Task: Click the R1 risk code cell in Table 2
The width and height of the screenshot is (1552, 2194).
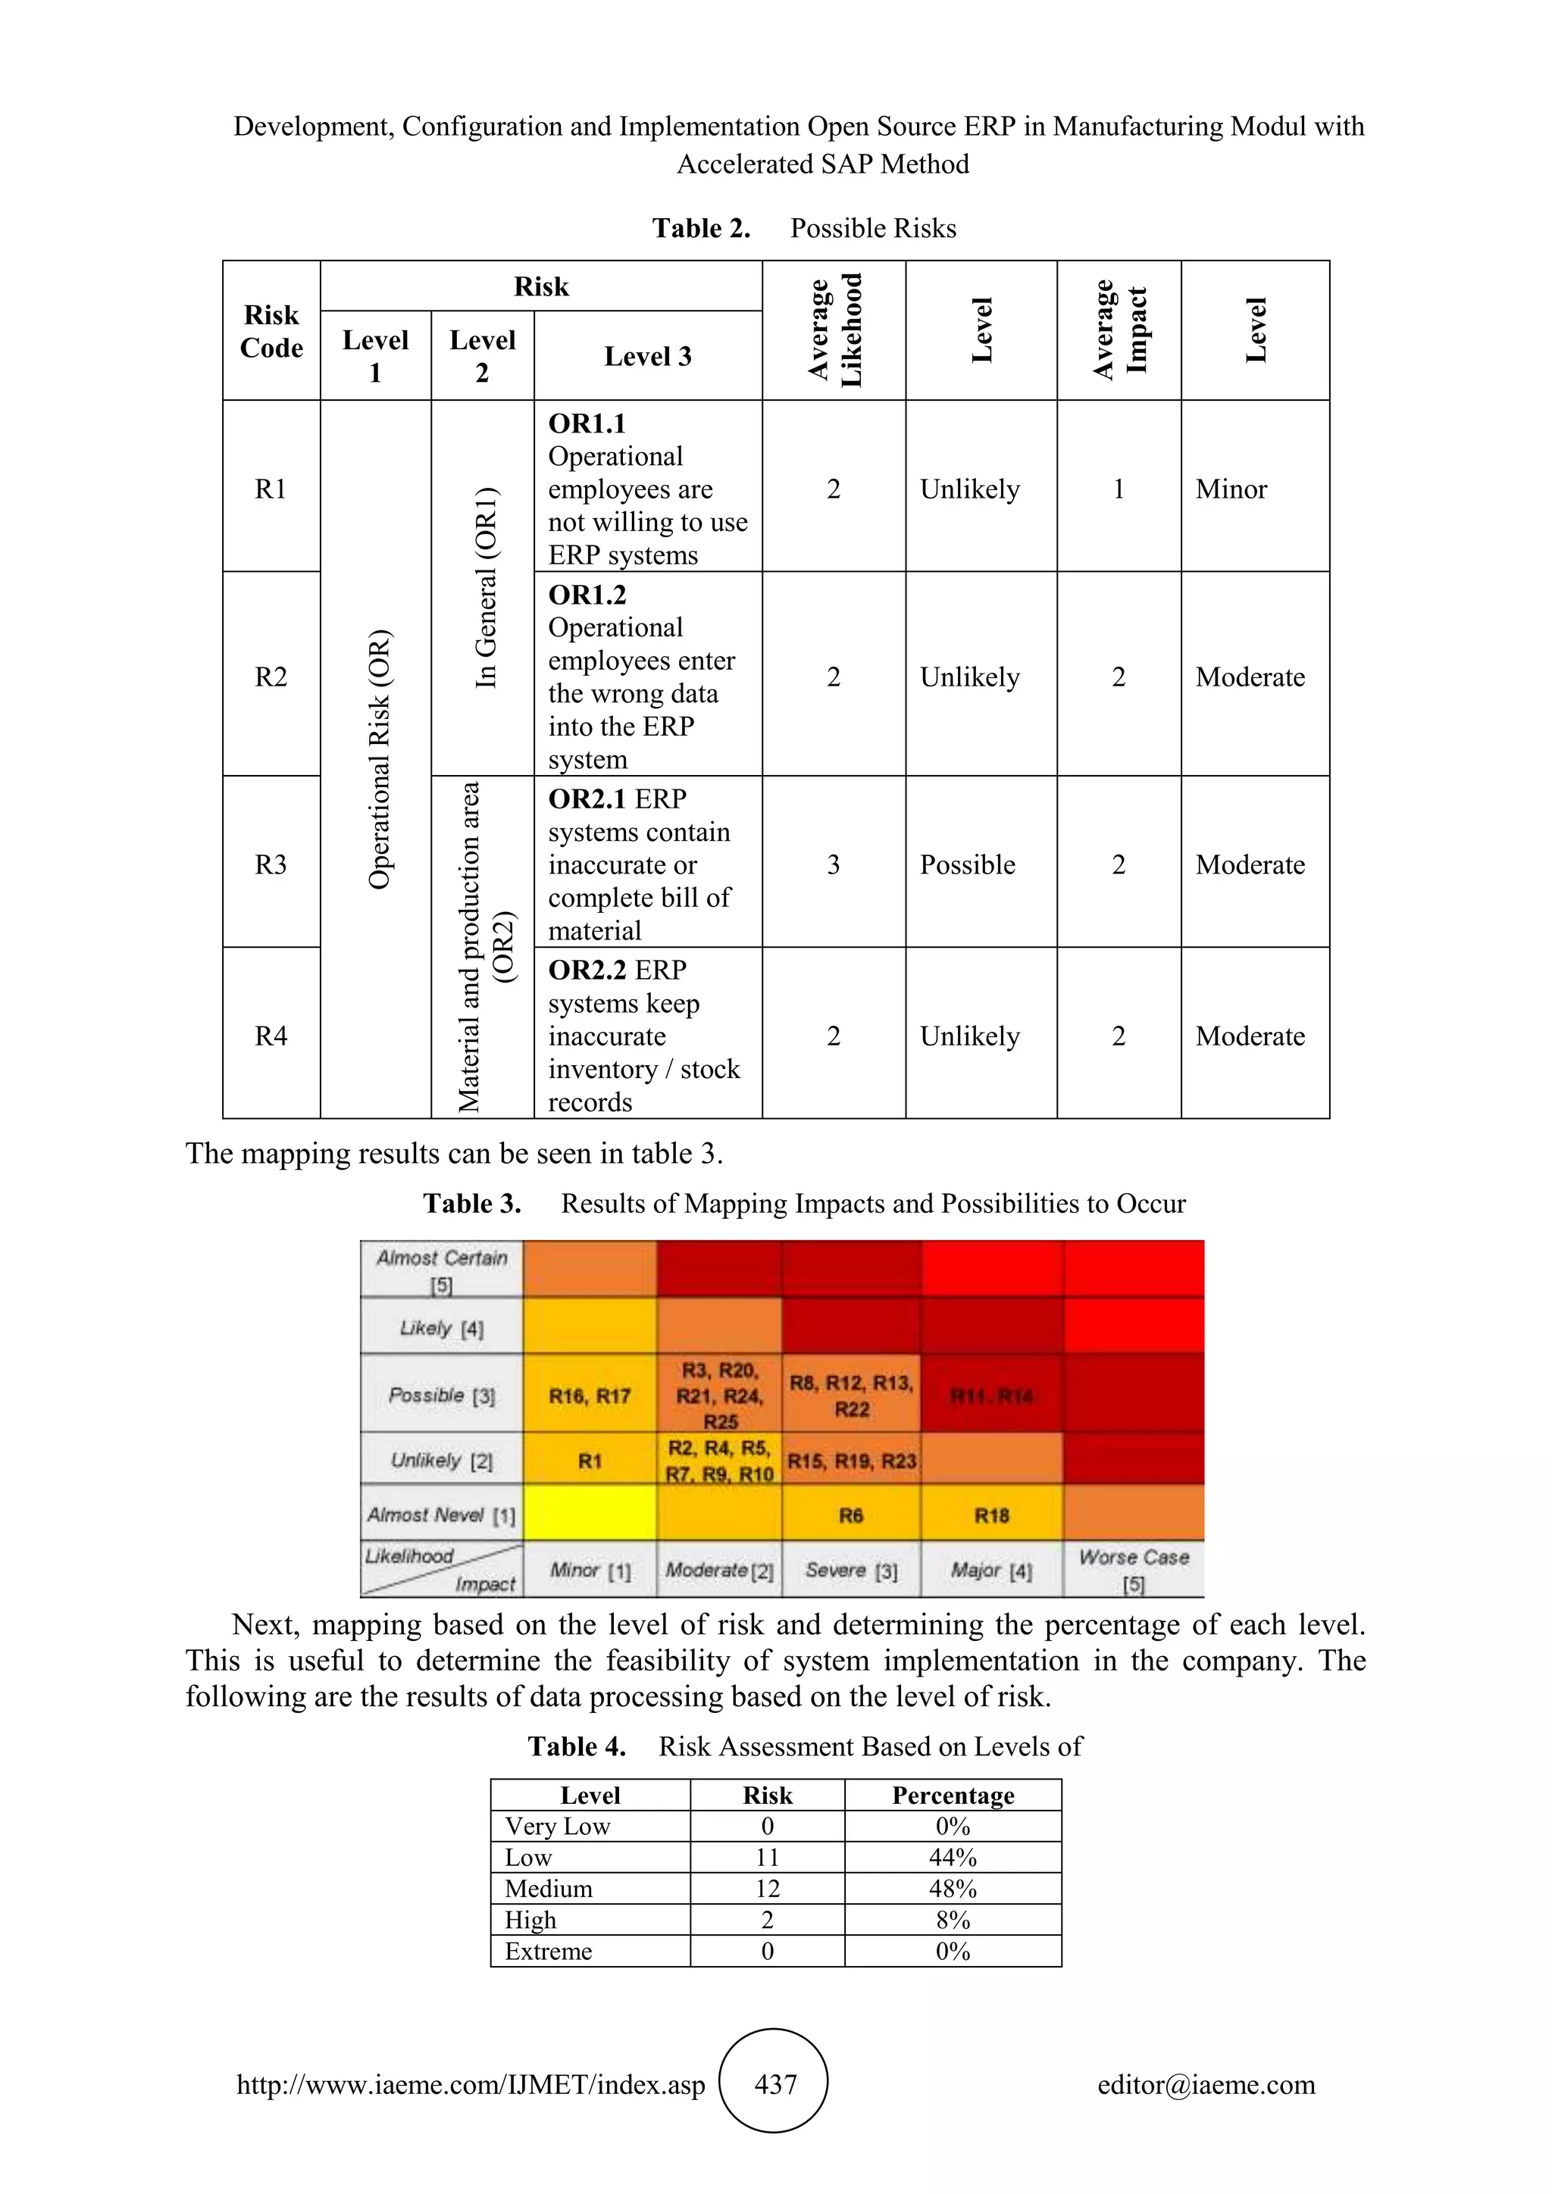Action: click(x=271, y=489)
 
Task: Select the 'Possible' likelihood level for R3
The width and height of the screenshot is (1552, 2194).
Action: click(x=967, y=864)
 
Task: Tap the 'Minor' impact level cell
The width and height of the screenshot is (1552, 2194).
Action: click(x=1231, y=489)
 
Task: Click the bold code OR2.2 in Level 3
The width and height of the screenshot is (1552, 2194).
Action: click(x=590, y=970)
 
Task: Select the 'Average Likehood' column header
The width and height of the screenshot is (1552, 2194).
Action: click(x=834, y=330)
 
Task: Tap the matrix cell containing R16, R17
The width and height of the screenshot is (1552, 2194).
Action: click(x=590, y=1396)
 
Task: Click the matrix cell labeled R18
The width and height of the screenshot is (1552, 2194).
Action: click(x=991, y=1515)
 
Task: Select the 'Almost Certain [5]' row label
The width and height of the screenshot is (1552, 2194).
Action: click(x=442, y=1270)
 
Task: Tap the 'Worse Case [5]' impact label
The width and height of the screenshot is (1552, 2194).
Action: click(x=1134, y=1570)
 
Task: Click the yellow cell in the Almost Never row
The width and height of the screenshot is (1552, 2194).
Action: click(x=590, y=1513)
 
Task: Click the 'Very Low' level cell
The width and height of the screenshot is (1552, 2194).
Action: click(x=557, y=1826)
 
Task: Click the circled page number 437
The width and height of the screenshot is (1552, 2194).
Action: click(x=774, y=2084)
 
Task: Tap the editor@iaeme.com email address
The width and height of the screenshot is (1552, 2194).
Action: click(x=1206, y=2084)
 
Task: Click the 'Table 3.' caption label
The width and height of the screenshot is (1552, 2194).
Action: click(x=472, y=1203)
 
